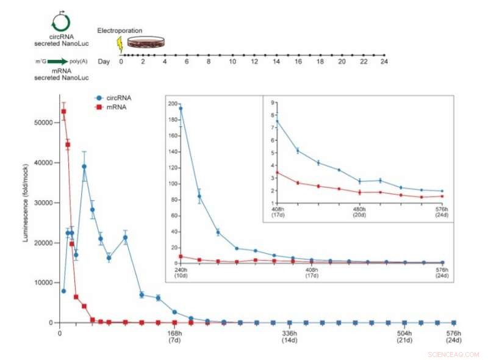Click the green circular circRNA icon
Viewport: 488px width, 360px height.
(60, 22)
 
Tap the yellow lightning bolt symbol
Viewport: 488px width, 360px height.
(120, 44)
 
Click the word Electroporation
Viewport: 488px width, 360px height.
(120, 30)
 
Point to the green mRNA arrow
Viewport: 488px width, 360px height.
(59, 62)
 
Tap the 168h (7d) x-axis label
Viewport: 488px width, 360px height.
(174, 337)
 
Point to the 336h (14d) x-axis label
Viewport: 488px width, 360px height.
(289, 337)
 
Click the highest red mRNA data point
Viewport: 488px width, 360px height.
(63, 111)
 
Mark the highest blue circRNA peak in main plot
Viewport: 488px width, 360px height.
(84, 166)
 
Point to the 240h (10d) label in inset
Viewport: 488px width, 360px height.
(181, 272)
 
